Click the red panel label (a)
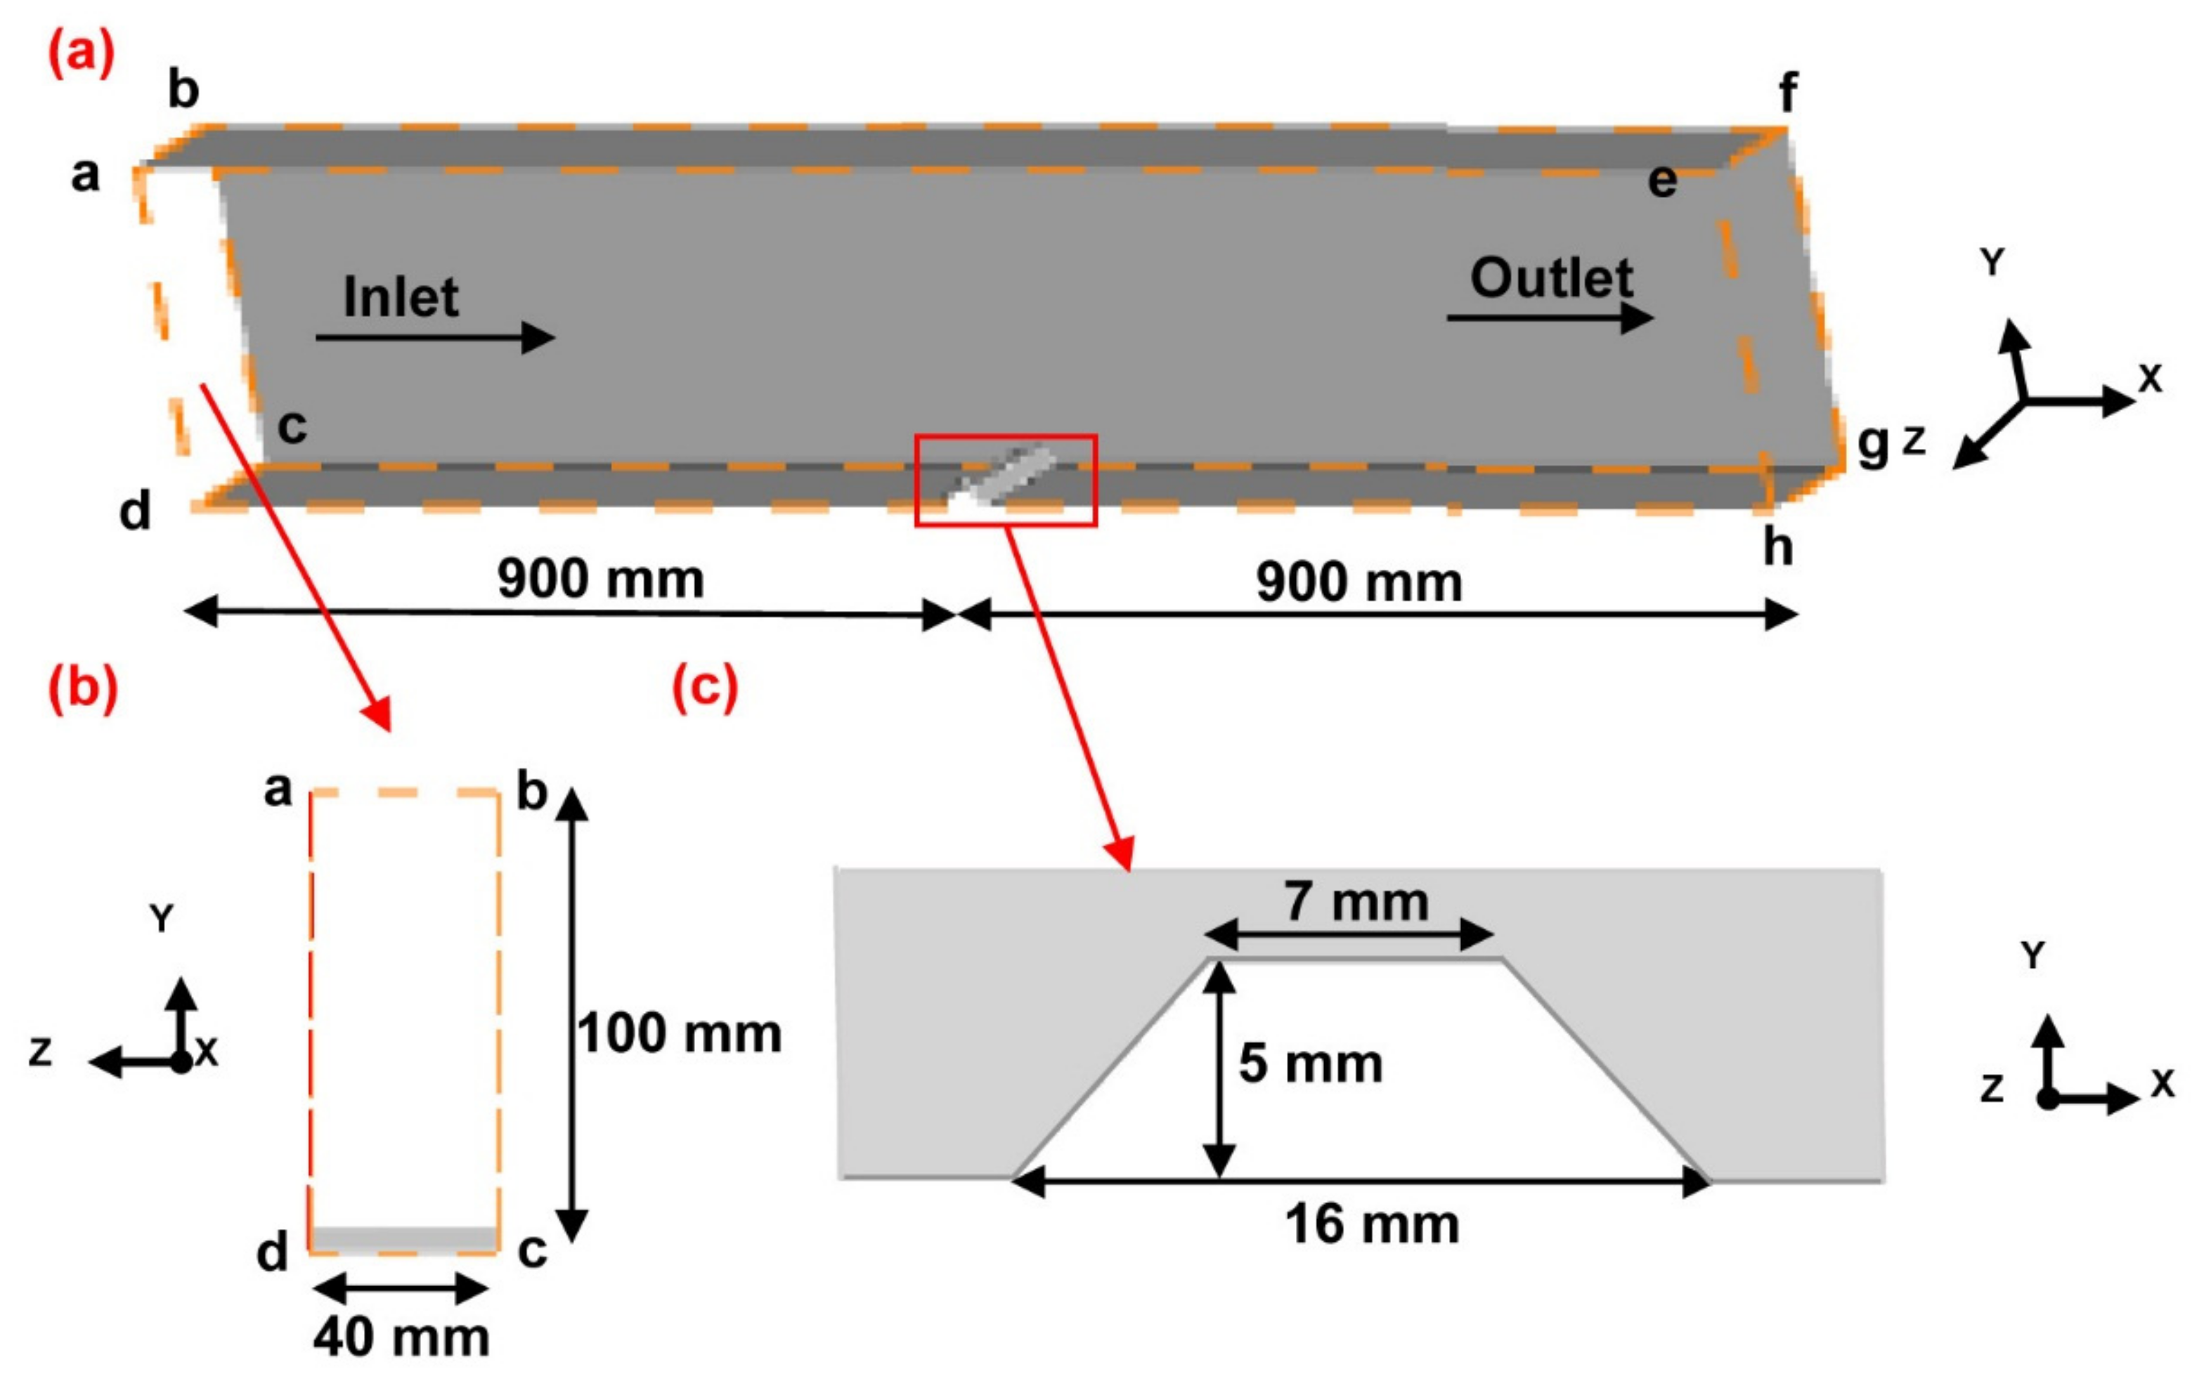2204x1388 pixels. pos(81,54)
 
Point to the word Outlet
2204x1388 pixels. pos(1551,277)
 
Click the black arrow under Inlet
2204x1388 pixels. pos(435,338)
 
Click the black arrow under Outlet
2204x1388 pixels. pos(1550,317)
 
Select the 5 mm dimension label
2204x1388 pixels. pos(1310,1063)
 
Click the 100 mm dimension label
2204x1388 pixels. pos(679,1034)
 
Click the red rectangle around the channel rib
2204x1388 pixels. pos(1006,480)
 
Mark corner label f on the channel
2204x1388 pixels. pos(1787,93)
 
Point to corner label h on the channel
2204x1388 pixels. pos(1777,547)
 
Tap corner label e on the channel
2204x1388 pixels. pos(1662,182)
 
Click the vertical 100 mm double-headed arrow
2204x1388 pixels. pos(572,1016)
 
